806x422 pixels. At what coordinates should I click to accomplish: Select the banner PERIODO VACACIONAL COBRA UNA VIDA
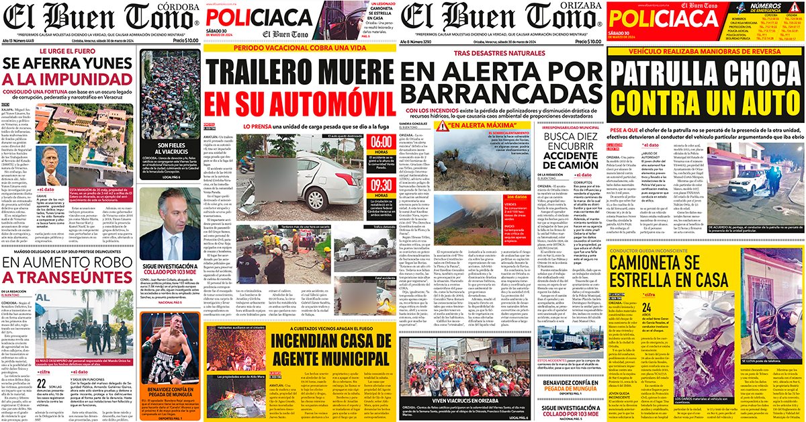[x=300, y=49]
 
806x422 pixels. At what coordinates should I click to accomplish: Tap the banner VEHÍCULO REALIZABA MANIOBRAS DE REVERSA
[x=704, y=52]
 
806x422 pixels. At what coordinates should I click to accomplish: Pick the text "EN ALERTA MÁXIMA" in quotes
[x=477, y=125]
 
